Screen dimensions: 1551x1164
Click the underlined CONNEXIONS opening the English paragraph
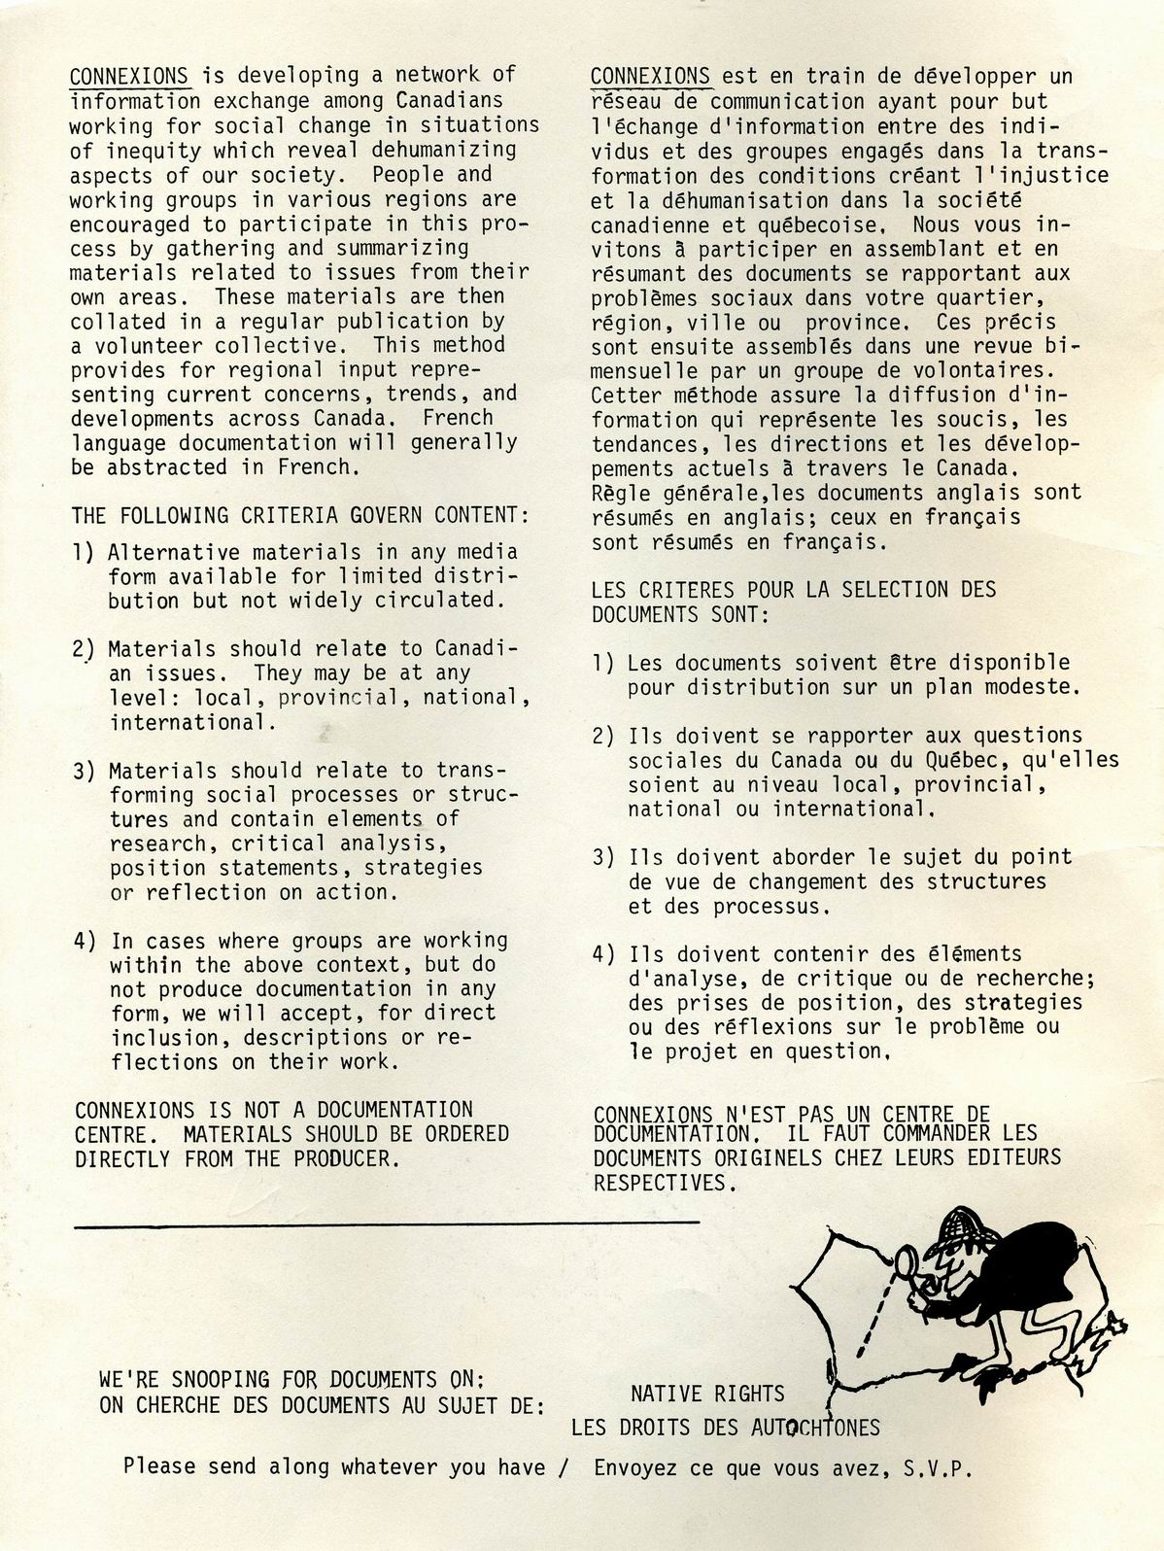click(129, 75)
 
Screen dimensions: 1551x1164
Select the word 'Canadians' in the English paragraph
click(449, 100)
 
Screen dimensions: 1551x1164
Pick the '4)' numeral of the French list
click(603, 954)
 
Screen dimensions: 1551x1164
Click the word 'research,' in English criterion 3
click(158, 844)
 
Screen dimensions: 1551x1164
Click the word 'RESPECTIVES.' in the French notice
click(665, 1184)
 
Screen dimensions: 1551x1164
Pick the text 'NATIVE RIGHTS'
click(707, 1395)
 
